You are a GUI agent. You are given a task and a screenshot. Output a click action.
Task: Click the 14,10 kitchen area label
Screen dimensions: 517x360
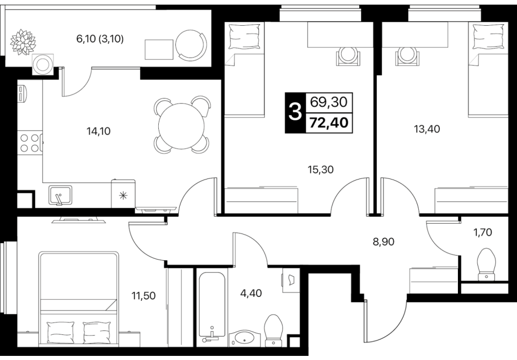[x=99, y=131]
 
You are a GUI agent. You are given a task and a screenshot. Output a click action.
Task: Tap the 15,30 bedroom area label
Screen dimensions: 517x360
[x=321, y=170]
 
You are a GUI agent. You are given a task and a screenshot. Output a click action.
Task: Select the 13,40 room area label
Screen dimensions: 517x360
[x=427, y=129]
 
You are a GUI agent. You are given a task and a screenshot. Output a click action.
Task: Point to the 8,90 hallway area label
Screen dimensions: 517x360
[x=383, y=242]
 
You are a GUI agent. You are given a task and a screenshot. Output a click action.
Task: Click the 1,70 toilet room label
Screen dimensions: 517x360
[x=483, y=232]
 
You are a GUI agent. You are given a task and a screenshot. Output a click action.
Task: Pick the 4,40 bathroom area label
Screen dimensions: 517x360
[x=251, y=293]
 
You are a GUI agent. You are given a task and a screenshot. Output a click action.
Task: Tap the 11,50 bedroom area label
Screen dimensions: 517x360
[x=143, y=296]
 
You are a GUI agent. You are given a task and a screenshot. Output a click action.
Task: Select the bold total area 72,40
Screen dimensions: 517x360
[x=329, y=123]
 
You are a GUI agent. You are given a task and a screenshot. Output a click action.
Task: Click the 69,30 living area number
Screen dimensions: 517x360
[x=329, y=102]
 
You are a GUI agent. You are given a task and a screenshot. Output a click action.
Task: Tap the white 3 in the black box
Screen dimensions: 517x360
[x=296, y=113]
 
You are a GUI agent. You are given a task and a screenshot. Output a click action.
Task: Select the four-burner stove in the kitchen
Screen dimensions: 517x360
[x=30, y=142]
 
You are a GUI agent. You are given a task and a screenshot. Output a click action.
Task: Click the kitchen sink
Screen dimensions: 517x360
[x=60, y=195]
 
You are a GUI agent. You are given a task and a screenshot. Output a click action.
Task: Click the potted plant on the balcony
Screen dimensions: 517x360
[x=23, y=42]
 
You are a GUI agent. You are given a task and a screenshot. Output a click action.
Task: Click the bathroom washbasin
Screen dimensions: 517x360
[x=244, y=338]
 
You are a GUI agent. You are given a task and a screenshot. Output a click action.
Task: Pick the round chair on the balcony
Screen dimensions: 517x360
[x=191, y=46]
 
